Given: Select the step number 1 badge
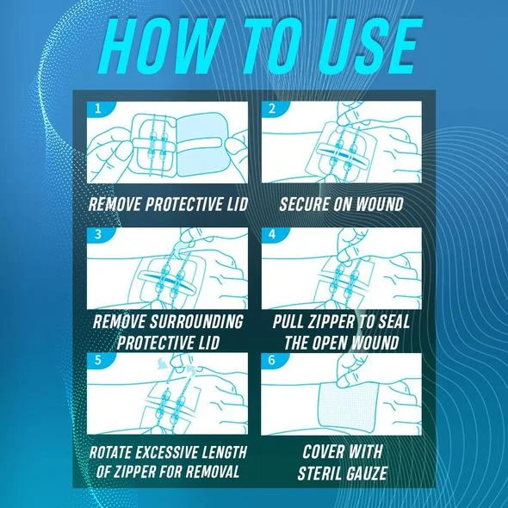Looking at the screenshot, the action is [99, 108].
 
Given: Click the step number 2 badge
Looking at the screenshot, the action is [272, 108].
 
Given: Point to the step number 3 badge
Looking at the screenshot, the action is [99, 234].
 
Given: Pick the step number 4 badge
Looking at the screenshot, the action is [272, 234].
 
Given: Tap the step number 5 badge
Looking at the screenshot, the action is [99, 360].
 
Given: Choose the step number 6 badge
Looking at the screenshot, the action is [272, 360].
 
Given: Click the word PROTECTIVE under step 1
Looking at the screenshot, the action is [183, 204].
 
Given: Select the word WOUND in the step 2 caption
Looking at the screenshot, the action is [380, 204].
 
